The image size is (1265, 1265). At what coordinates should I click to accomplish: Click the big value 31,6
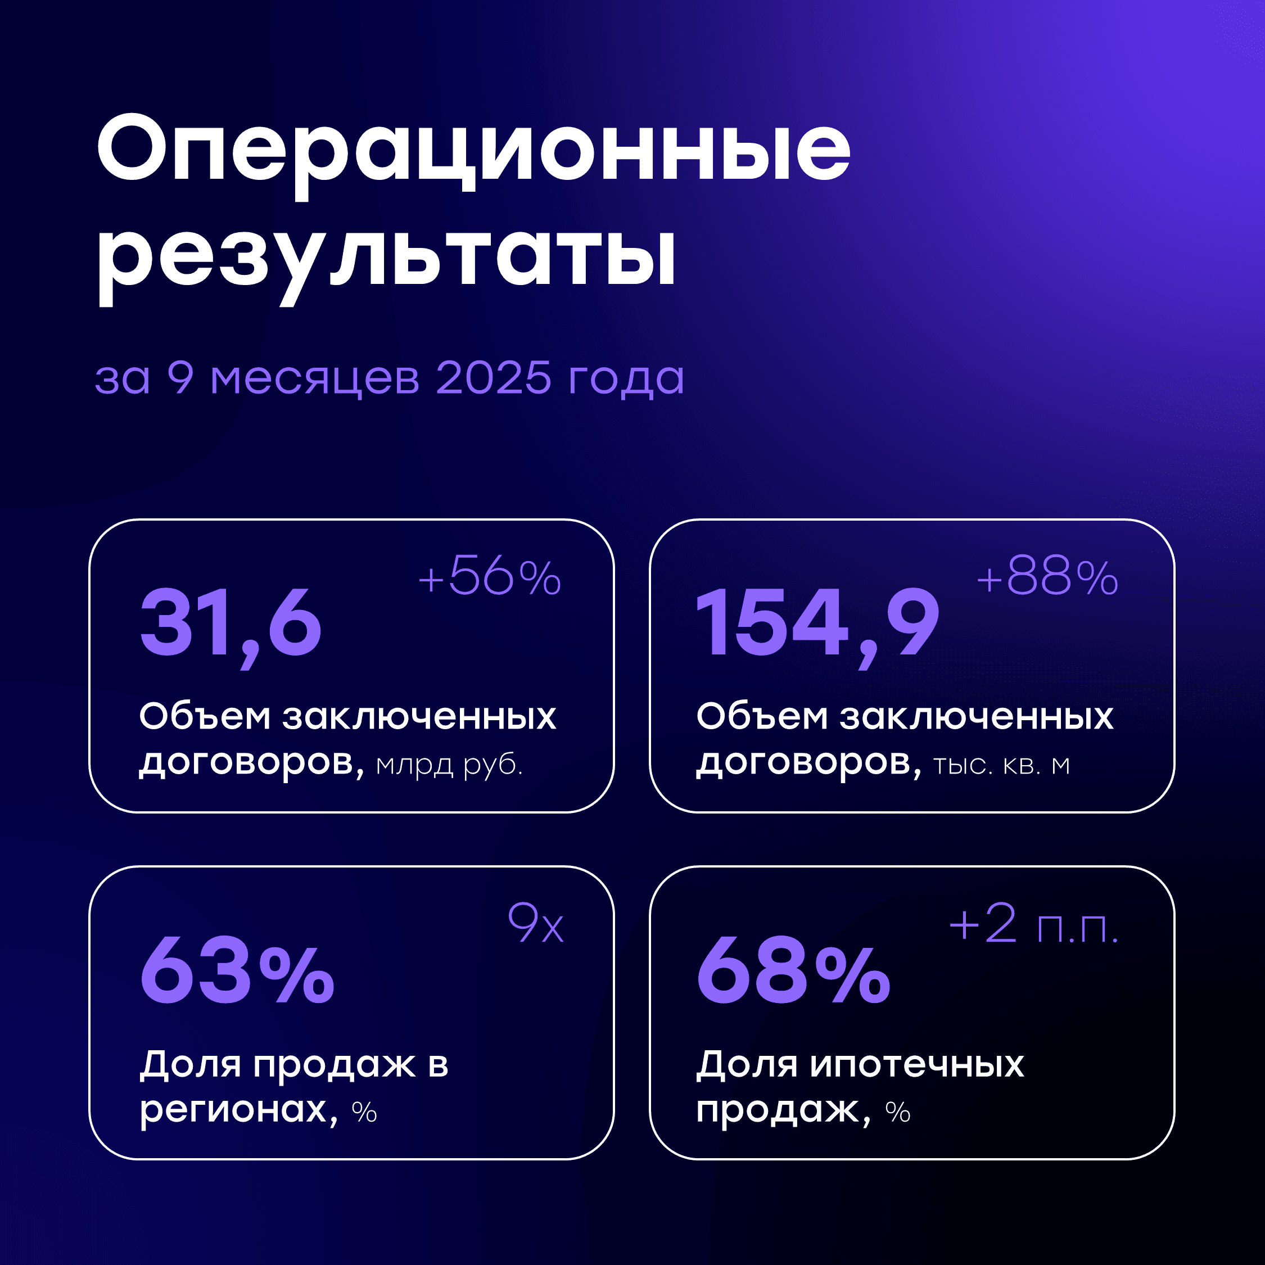[231, 623]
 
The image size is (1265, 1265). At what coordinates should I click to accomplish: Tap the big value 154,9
[817, 623]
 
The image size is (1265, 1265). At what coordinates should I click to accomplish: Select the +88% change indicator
[1047, 577]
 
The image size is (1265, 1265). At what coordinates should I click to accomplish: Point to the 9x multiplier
[536, 924]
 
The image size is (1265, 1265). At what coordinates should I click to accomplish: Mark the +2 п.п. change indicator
[1033, 924]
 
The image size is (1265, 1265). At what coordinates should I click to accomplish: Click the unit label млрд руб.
[449, 765]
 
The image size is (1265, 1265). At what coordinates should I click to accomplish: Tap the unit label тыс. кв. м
[1001, 765]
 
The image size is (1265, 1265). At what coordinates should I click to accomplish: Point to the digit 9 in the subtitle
[180, 378]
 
